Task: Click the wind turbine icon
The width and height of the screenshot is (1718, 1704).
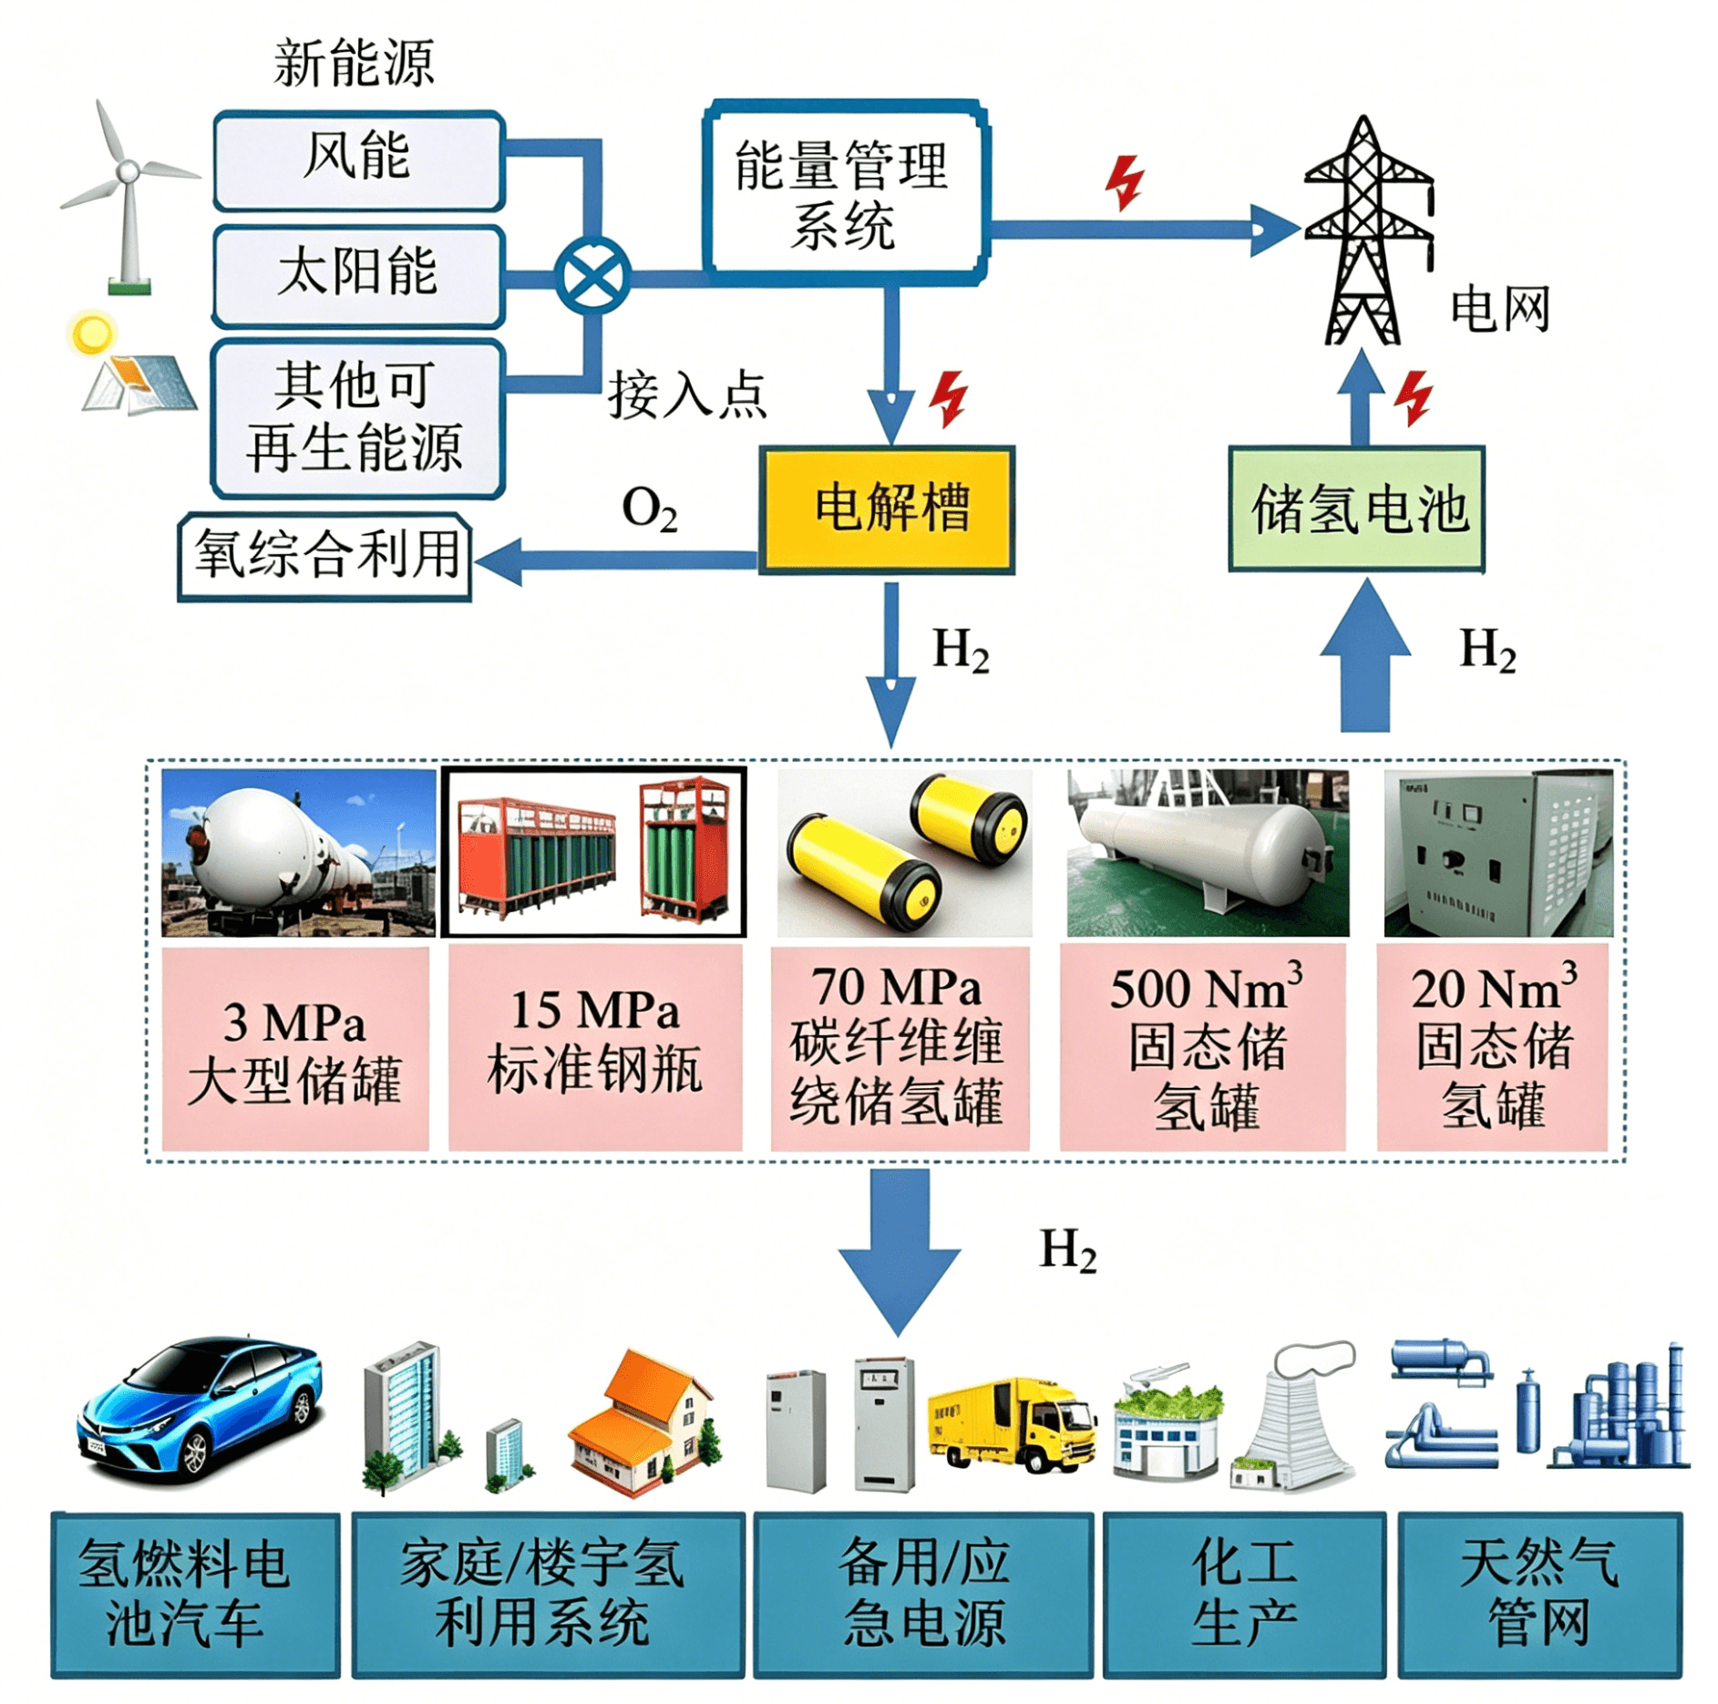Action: [x=129, y=196]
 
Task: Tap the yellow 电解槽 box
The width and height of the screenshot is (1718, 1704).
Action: [x=887, y=509]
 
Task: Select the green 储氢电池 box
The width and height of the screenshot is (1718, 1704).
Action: [x=1357, y=508]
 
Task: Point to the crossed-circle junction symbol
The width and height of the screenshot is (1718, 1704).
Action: [x=592, y=275]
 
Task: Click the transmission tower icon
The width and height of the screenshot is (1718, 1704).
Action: [x=1366, y=230]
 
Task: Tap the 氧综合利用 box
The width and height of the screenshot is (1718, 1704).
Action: [x=324, y=556]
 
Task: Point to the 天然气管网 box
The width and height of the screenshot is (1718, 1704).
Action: [x=1539, y=1596]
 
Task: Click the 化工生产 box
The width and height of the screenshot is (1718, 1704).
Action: [x=1244, y=1596]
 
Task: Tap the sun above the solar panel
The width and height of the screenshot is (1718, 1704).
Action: [x=92, y=334]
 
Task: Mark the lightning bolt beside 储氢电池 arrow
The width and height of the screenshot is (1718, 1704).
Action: [x=1415, y=397]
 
